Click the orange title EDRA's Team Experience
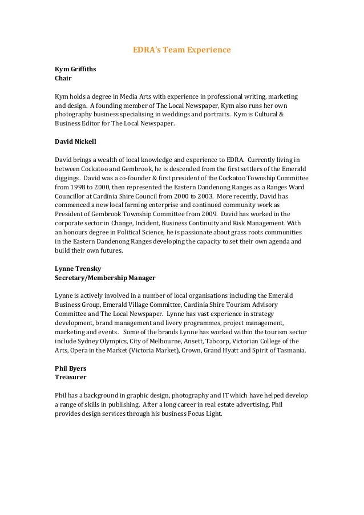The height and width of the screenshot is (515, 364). click(181, 50)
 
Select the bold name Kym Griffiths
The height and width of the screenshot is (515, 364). click(75, 69)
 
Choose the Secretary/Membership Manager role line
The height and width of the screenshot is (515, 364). click(105, 277)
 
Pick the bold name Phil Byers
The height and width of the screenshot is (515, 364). click(70, 368)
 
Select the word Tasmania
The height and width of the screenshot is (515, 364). click(289, 350)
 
